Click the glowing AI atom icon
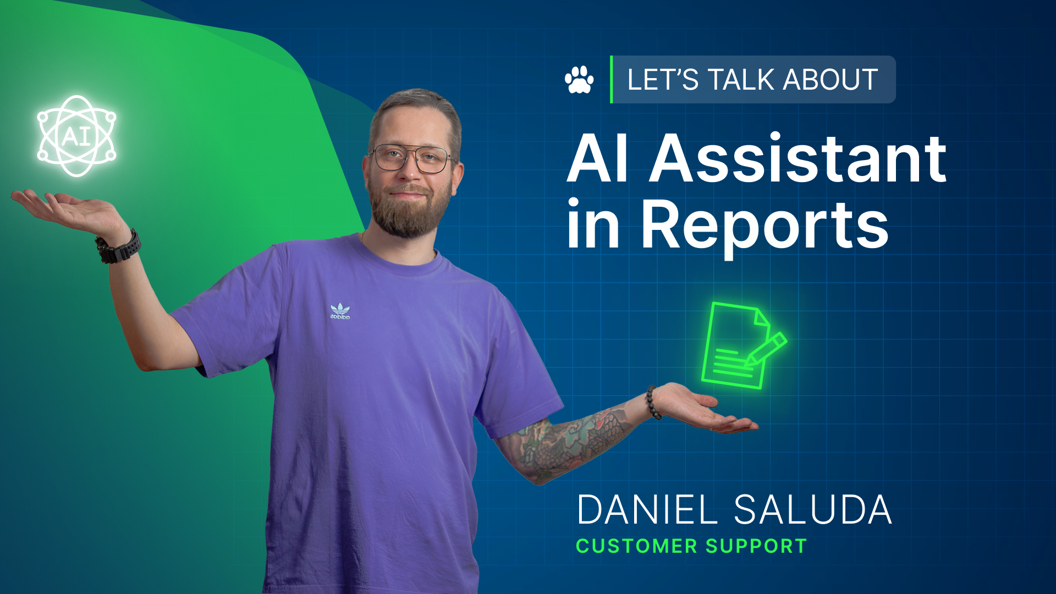pyautogui.click(x=76, y=136)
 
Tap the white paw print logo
pyautogui.click(x=579, y=80)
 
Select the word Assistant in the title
pyautogui.click(x=798, y=159)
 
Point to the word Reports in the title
pyautogui.click(x=765, y=226)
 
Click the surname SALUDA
pyautogui.click(x=812, y=510)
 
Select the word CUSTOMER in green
pyautogui.click(x=636, y=546)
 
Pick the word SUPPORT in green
pyautogui.click(x=756, y=546)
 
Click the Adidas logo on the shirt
pyautogui.click(x=340, y=311)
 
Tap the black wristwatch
pyautogui.click(x=118, y=247)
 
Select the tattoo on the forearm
pyautogui.click(x=566, y=440)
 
